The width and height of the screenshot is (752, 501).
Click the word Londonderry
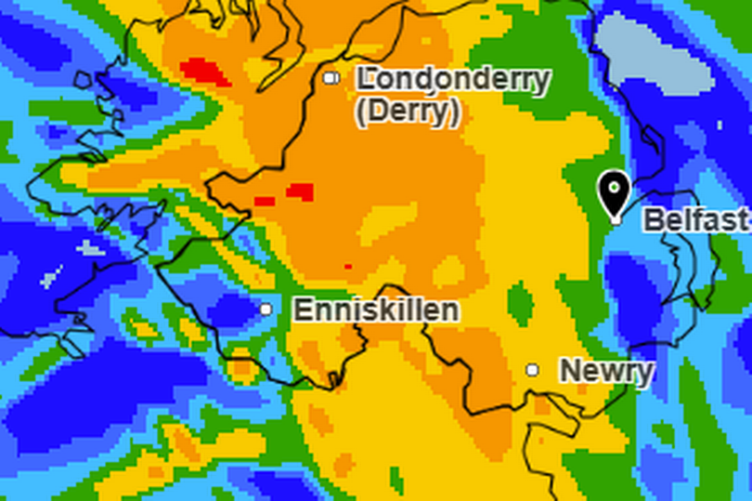coord(453,80)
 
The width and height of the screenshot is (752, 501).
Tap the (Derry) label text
coord(407,112)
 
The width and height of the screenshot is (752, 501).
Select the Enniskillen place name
coord(376,310)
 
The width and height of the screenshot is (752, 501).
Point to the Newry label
coord(605,371)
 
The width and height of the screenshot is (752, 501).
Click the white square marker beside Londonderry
coord(330,78)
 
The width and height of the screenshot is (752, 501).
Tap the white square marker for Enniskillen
coord(266,310)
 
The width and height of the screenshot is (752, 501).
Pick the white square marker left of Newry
coord(532,370)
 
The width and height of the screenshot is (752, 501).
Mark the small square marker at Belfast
coord(615,219)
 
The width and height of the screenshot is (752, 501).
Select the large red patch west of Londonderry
coord(205,72)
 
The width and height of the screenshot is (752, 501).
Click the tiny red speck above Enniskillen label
coord(348,267)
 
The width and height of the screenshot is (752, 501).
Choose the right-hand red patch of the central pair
coord(300,191)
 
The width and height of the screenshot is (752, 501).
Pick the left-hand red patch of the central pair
coord(265,201)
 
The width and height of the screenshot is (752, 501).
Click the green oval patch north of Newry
coord(521,303)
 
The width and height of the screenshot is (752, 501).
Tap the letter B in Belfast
coord(653,220)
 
